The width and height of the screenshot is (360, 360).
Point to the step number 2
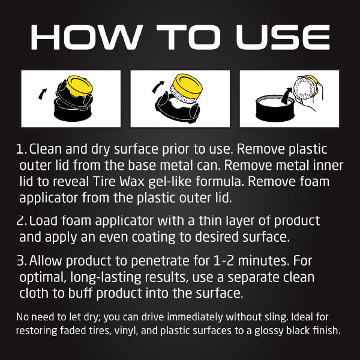click(x=22, y=221)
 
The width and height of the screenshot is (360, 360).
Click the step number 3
click(x=22, y=262)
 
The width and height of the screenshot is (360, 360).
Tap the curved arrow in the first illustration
click(x=41, y=93)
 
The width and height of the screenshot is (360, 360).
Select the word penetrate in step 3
click(x=153, y=262)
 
